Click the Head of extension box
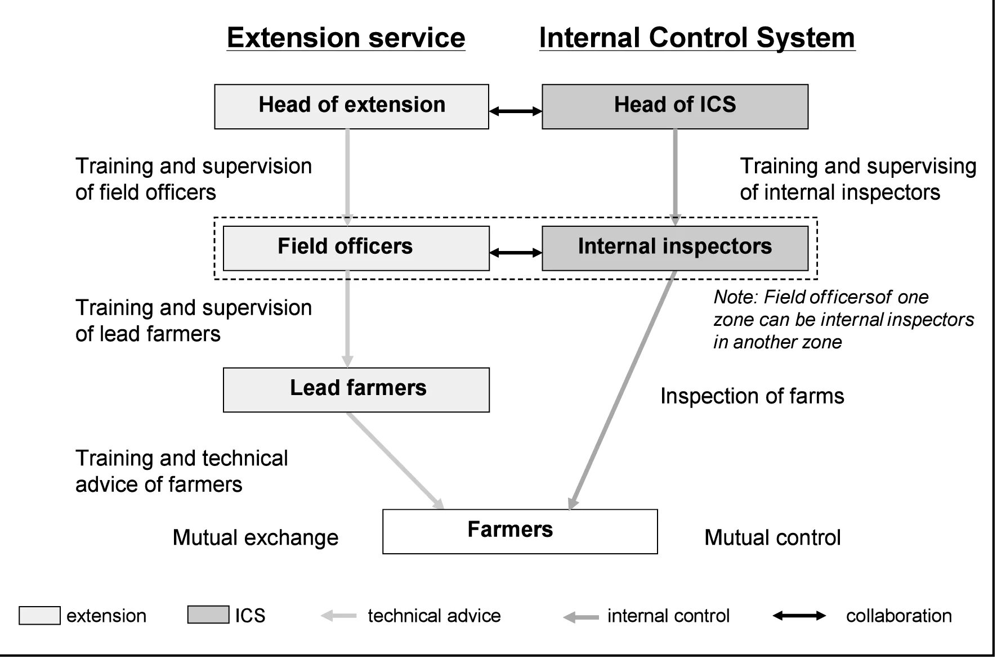tap(351, 106)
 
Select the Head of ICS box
tap(674, 106)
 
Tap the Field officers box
tap(356, 248)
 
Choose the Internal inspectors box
tap(674, 248)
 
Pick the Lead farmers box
tap(356, 389)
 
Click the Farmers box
tap(520, 531)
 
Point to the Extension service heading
tap(346, 38)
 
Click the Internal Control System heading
tap(697, 38)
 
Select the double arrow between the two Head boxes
tap(515, 111)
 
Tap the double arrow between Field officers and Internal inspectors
tap(515, 253)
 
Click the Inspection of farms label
tap(752, 396)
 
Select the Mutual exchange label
tap(255, 537)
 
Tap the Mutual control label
tap(772, 537)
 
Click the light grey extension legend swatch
tap(39, 615)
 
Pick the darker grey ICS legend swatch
tap(208, 615)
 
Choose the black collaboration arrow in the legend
tap(799, 616)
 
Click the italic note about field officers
tap(843, 320)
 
